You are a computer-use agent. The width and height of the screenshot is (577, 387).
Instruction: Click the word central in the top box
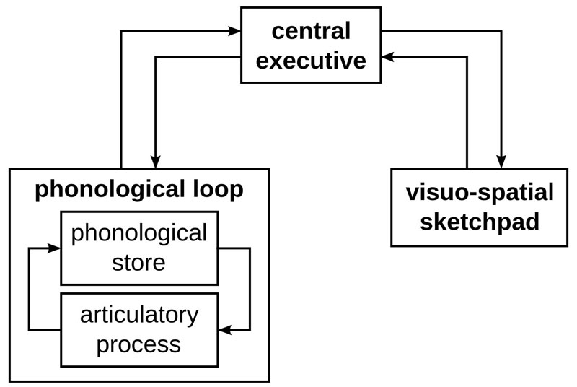click(311, 31)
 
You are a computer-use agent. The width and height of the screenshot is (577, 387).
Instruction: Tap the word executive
click(311, 61)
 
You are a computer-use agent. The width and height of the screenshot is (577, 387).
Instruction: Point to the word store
click(138, 262)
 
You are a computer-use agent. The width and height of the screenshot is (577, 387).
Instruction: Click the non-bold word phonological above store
click(138, 233)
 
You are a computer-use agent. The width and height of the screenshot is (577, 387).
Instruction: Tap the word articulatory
click(138, 315)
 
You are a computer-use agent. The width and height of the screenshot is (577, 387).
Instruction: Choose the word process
click(138, 344)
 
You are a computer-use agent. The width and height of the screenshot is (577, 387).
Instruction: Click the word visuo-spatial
click(480, 193)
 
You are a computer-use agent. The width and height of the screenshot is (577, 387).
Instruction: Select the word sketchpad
click(480, 221)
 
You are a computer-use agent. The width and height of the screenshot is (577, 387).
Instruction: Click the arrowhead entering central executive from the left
click(234, 31)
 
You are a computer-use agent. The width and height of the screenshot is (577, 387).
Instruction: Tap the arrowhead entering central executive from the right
click(389, 56)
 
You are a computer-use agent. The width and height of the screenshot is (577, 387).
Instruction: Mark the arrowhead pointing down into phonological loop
click(155, 161)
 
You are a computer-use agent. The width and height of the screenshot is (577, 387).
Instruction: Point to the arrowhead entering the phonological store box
click(54, 248)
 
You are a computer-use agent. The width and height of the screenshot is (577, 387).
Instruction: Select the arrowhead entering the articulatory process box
click(225, 330)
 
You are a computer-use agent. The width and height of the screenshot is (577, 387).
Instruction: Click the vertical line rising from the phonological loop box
click(121, 101)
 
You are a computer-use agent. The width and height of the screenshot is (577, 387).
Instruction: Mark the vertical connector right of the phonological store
click(250, 289)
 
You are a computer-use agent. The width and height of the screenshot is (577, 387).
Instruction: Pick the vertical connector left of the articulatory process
click(28, 289)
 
